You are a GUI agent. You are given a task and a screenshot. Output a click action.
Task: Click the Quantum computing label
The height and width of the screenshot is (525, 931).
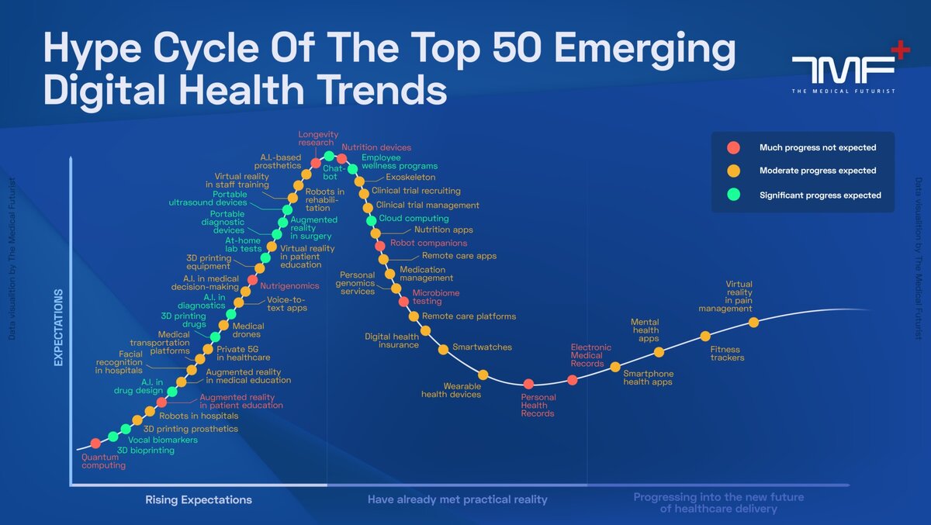[x=103, y=461]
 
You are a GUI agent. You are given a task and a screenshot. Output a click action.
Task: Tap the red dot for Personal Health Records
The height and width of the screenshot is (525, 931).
[x=528, y=384]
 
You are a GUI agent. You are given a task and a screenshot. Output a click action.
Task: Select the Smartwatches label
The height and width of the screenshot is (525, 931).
[x=482, y=347]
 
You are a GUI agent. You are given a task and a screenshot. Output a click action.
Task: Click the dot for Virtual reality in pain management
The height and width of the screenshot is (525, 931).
[x=753, y=322]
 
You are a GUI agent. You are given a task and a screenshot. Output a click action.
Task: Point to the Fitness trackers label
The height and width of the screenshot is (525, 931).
[x=727, y=354]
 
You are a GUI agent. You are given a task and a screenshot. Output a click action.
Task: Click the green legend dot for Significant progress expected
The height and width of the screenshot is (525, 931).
[x=733, y=195]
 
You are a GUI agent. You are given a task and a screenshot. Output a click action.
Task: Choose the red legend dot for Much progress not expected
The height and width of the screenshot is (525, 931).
[x=733, y=147]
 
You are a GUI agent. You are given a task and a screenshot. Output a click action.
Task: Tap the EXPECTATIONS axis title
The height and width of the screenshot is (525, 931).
[x=58, y=327]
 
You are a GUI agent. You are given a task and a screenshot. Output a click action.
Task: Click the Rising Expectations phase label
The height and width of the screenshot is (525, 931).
[x=199, y=499]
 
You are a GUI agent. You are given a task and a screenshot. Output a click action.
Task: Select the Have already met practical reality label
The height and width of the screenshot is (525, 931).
[x=457, y=499]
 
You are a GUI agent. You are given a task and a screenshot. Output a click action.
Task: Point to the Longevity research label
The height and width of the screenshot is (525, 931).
[x=317, y=138]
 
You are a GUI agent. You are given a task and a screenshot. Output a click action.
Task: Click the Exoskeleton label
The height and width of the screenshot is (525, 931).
[x=410, y=178]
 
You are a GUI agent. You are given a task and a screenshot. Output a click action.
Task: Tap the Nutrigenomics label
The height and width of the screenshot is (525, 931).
[x=289, y=286]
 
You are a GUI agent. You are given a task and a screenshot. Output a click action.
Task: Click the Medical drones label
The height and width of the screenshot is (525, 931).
[x=247, y=330]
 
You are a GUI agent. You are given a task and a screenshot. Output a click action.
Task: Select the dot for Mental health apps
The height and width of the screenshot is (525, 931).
[x=659, y=352]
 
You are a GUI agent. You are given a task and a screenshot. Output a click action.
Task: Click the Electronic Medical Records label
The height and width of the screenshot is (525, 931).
[x=591, y=355]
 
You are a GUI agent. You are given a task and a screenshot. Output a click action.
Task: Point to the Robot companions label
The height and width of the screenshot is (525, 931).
[x=428, y=243]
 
